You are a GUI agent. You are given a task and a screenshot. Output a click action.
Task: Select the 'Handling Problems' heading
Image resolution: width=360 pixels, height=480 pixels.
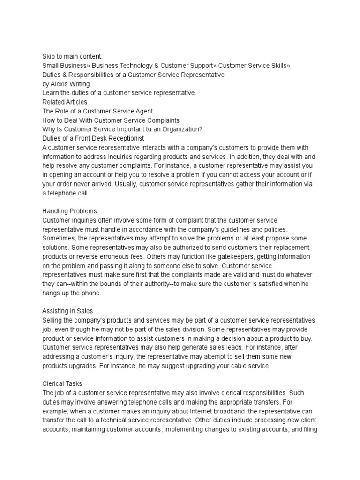(70, 210)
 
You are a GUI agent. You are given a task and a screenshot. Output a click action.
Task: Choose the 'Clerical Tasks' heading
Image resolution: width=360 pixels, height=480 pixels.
(62, 383)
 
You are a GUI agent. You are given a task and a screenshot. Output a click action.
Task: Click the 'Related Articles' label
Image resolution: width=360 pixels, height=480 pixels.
(65, 102)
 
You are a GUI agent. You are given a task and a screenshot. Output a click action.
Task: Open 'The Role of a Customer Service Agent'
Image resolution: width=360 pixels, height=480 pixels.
(97, 111)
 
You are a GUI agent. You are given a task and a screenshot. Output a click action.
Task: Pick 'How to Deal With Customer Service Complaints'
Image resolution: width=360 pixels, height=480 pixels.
(111, 120)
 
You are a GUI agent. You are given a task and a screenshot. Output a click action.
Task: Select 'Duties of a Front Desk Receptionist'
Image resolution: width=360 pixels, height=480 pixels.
(93, 138)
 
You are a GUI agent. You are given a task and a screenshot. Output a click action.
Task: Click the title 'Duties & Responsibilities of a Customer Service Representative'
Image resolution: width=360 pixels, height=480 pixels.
(133, 75)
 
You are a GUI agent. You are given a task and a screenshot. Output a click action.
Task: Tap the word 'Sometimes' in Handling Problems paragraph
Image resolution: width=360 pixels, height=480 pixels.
(58, 238)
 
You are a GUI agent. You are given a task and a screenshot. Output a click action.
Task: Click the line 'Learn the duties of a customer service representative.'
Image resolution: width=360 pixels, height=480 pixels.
(120, 93)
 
